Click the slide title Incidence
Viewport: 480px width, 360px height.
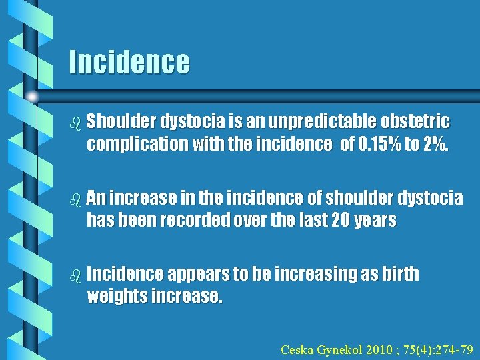tap(129, 62)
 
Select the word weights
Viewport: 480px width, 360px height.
tap(118, 297)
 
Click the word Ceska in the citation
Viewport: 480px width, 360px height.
tap(297, 349)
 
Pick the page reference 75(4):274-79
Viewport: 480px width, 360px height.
tap(434, 349)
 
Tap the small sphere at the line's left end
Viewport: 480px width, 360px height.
tap(33, 97)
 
